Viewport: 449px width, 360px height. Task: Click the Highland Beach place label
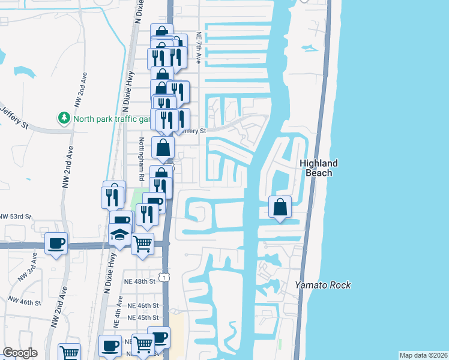(x=319, y=168)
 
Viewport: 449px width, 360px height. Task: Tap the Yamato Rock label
(x=322, y=285)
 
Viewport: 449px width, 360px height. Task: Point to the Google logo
(x=20, y=353)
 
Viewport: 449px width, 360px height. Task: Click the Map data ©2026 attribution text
(x=423, y=355)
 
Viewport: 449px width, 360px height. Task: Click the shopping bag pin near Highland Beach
(x=280, y=208)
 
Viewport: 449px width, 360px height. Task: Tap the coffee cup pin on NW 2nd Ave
(x=56, y=243)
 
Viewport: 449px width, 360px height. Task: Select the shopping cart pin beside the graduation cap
(x=143, y=244)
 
